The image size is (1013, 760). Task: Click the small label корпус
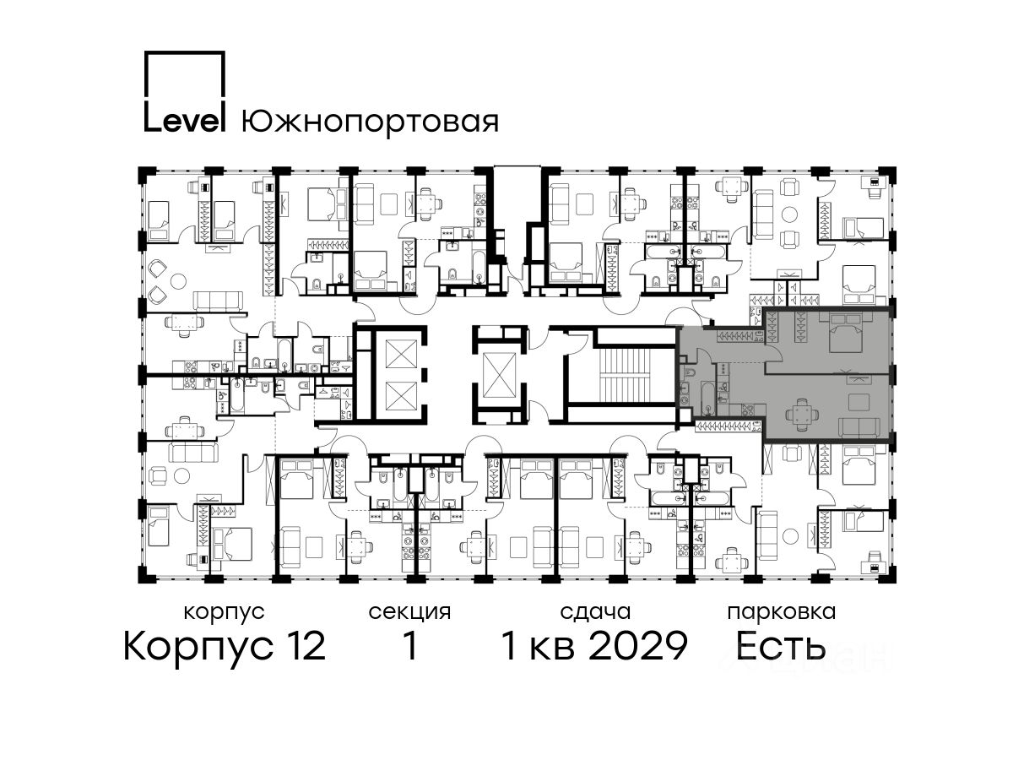(x=225, y=613)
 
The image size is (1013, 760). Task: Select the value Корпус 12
(x=225, y=646)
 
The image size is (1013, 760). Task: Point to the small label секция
(x=409, y=613)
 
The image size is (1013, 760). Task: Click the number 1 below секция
(x=410, y=646)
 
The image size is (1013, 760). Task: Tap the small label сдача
(x=595, y=613)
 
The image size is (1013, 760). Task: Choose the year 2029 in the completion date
(x=639, y=646)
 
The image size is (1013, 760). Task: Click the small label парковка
(x=782, y=613)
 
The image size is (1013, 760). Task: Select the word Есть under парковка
(x=780, y=646)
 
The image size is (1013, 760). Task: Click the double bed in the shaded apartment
(x=846, y=333)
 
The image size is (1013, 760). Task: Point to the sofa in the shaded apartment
(x=859, y=427)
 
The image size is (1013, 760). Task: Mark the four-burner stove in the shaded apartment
(x=747, y=410)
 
